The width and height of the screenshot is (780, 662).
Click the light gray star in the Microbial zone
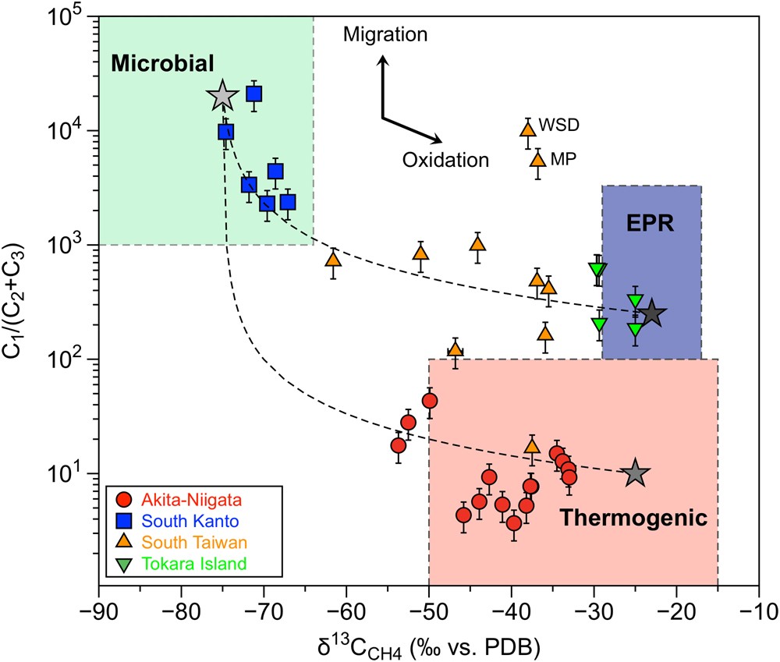pyautogui.click(x=222, y=95)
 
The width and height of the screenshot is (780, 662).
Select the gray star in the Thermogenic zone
pyautogui.click(x=636, y=473)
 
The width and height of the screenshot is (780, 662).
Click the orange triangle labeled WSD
pyautogui.click(x=528, y=129)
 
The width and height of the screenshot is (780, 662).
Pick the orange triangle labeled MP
pyautogui.click(x=538, y=160)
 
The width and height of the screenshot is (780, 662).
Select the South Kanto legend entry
pyautogui.click(x=175, y=521)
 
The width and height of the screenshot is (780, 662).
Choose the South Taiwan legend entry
pyautogui.click(x=178, y=542)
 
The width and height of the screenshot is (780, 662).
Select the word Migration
pyautogui.click(x=385, y=34)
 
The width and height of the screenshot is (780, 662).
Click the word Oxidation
pyautogui.click(x=445, y=161)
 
